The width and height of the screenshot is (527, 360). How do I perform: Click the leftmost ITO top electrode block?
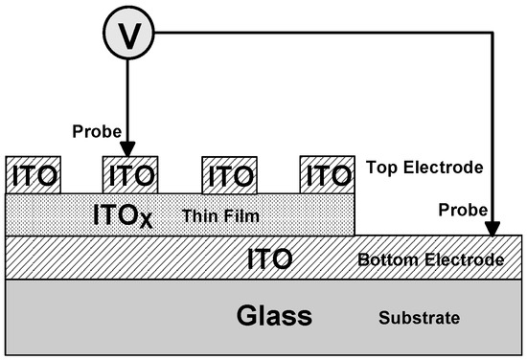[x=34, y=174]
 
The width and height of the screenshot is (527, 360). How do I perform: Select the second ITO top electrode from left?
[x=129, y=174]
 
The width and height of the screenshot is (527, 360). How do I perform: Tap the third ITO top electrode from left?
[x=229, y=174]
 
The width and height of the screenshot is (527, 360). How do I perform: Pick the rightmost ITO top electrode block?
[x=326, y=174]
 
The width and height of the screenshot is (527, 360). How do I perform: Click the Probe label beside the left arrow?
[x=93, y=127]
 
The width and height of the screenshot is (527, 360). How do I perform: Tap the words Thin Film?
[x=213, y=215]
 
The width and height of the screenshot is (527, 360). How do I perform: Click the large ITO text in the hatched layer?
[x=270, y=258]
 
